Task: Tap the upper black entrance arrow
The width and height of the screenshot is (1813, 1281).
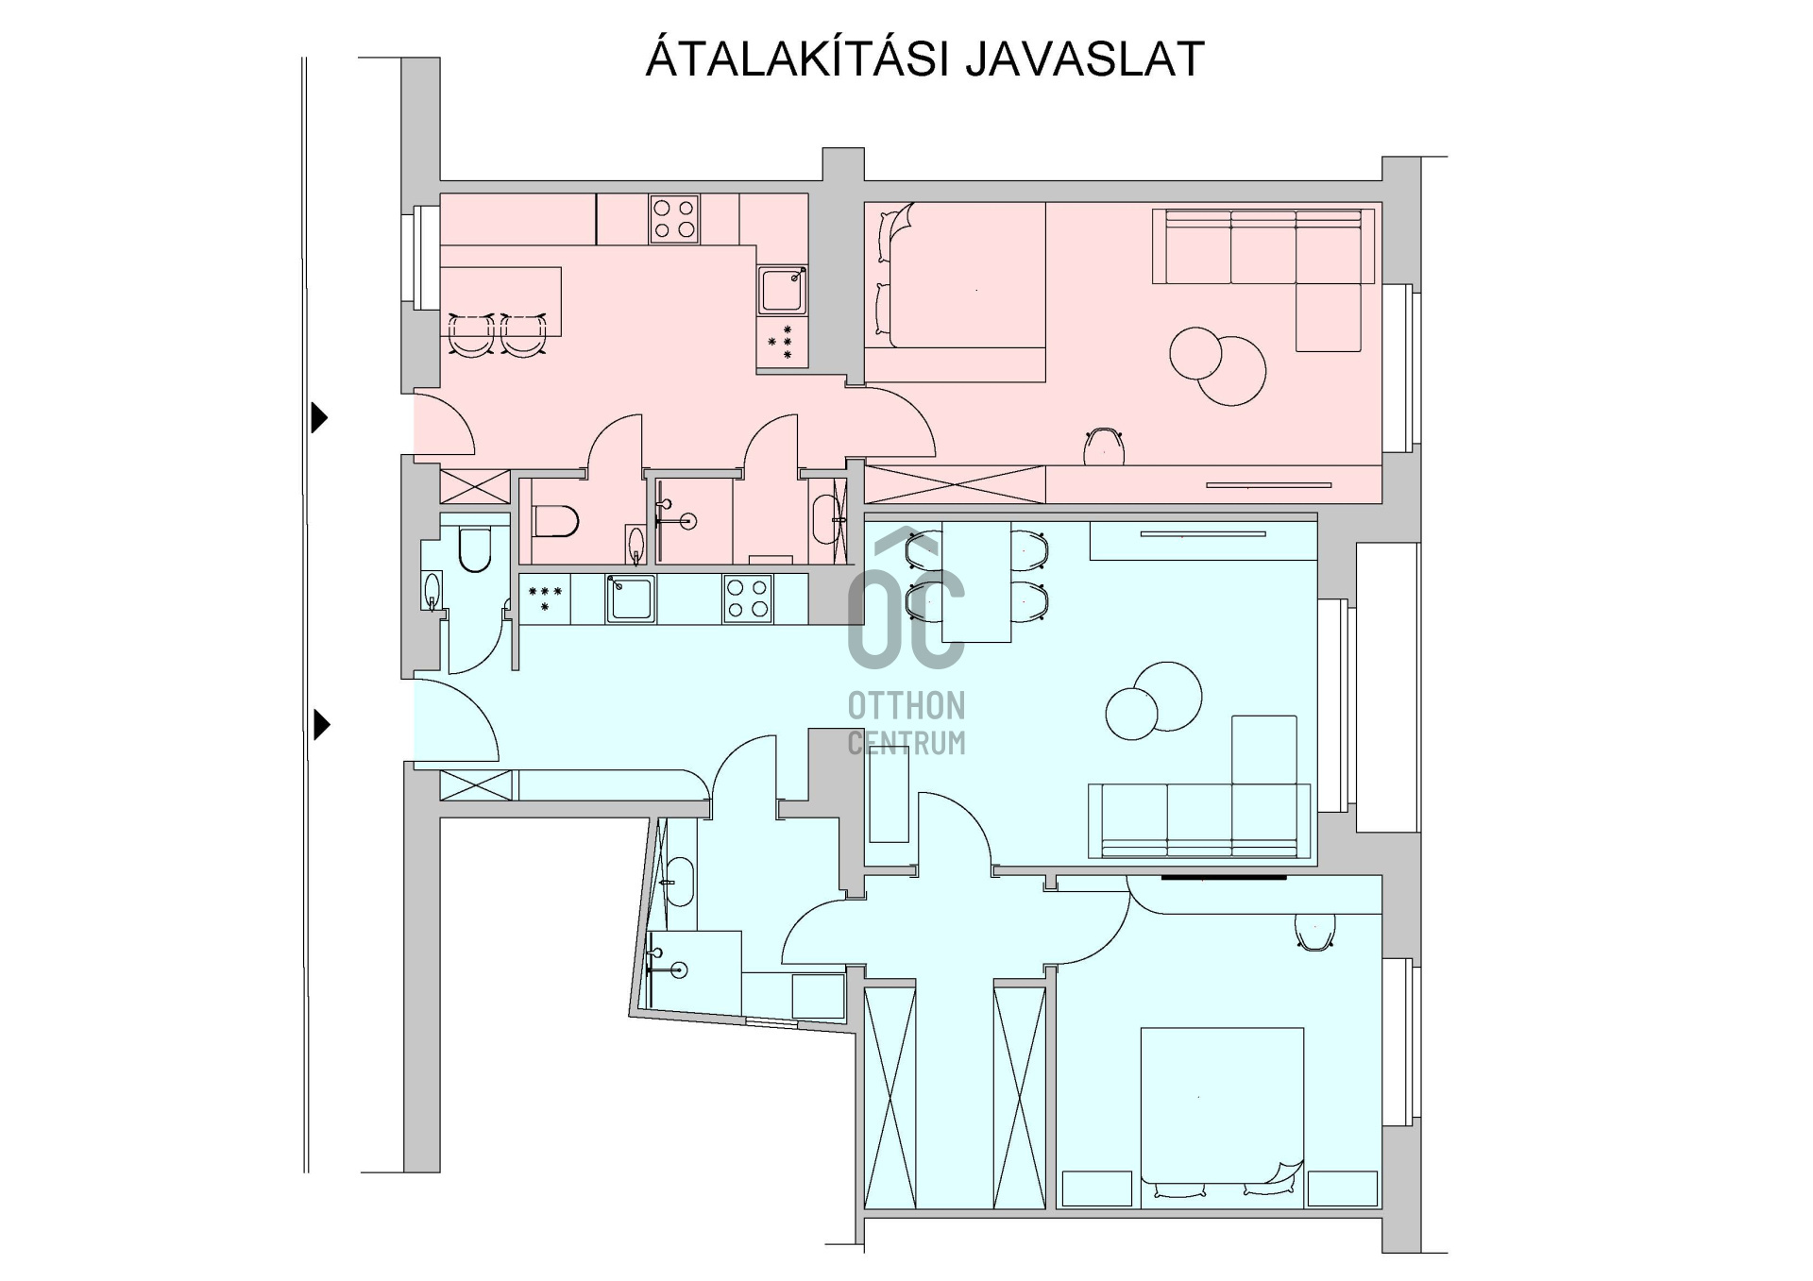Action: click(x=320, y=416)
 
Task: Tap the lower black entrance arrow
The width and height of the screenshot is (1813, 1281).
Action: click(x=321, y=725)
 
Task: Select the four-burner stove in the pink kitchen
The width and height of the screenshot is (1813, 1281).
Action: click(x=674, y=219)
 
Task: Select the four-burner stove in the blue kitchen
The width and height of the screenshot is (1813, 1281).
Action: click(x=748, y=598)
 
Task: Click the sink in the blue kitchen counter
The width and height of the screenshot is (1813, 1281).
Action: click(x=631, y=598)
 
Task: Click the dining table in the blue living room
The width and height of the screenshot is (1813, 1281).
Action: click(x=976, y=582)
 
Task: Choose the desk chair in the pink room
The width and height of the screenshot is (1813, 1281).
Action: click(x=1105, y=447)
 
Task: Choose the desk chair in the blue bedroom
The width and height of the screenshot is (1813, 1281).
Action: click(x=1314, y=932)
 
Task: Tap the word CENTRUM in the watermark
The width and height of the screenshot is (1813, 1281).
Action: click(x=906, y=743)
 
